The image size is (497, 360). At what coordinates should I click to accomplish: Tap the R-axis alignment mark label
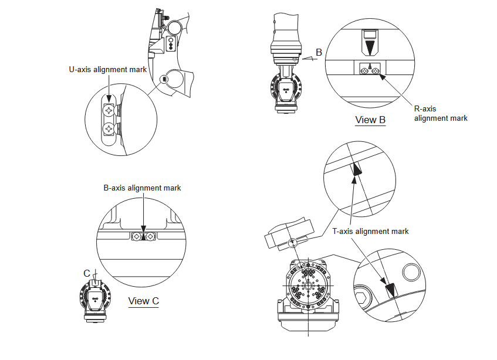coord(441,113)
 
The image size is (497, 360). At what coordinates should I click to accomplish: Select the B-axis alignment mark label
coord(143,188)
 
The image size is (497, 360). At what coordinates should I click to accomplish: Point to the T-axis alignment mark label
coord(370,232)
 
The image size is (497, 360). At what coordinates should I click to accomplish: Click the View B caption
coord(370,120)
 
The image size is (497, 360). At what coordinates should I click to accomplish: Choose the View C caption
coord(144,301)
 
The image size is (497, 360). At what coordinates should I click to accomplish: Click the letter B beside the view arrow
coord(319,53)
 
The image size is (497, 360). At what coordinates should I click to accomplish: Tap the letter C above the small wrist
coord(87,273)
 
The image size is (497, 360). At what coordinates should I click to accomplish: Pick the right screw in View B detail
coord(376,71)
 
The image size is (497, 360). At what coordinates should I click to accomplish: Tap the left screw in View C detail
coord(137,236)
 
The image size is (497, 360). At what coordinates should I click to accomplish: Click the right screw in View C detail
coord(151,236)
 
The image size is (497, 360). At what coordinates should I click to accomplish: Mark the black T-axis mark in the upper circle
coord(356,170)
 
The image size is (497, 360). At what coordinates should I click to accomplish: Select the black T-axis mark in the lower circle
coord(389,290)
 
